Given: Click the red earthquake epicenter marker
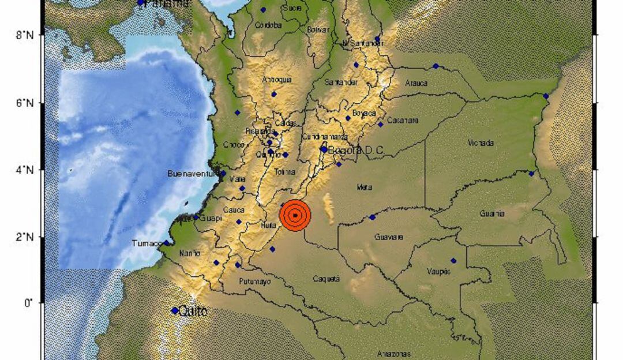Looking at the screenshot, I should [295, 216].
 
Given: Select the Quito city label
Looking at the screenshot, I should [193, 311].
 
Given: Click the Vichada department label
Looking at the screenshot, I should [481, 142].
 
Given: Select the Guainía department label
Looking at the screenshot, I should [492, 213].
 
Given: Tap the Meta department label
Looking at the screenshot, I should [364, 186].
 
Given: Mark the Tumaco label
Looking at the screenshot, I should [148, 243].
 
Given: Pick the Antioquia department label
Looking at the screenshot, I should [276, 80].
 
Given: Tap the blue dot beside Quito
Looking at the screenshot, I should [175, 310].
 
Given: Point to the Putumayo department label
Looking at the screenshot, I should [254, 282].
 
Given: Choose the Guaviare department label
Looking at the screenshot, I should [389, 237].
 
